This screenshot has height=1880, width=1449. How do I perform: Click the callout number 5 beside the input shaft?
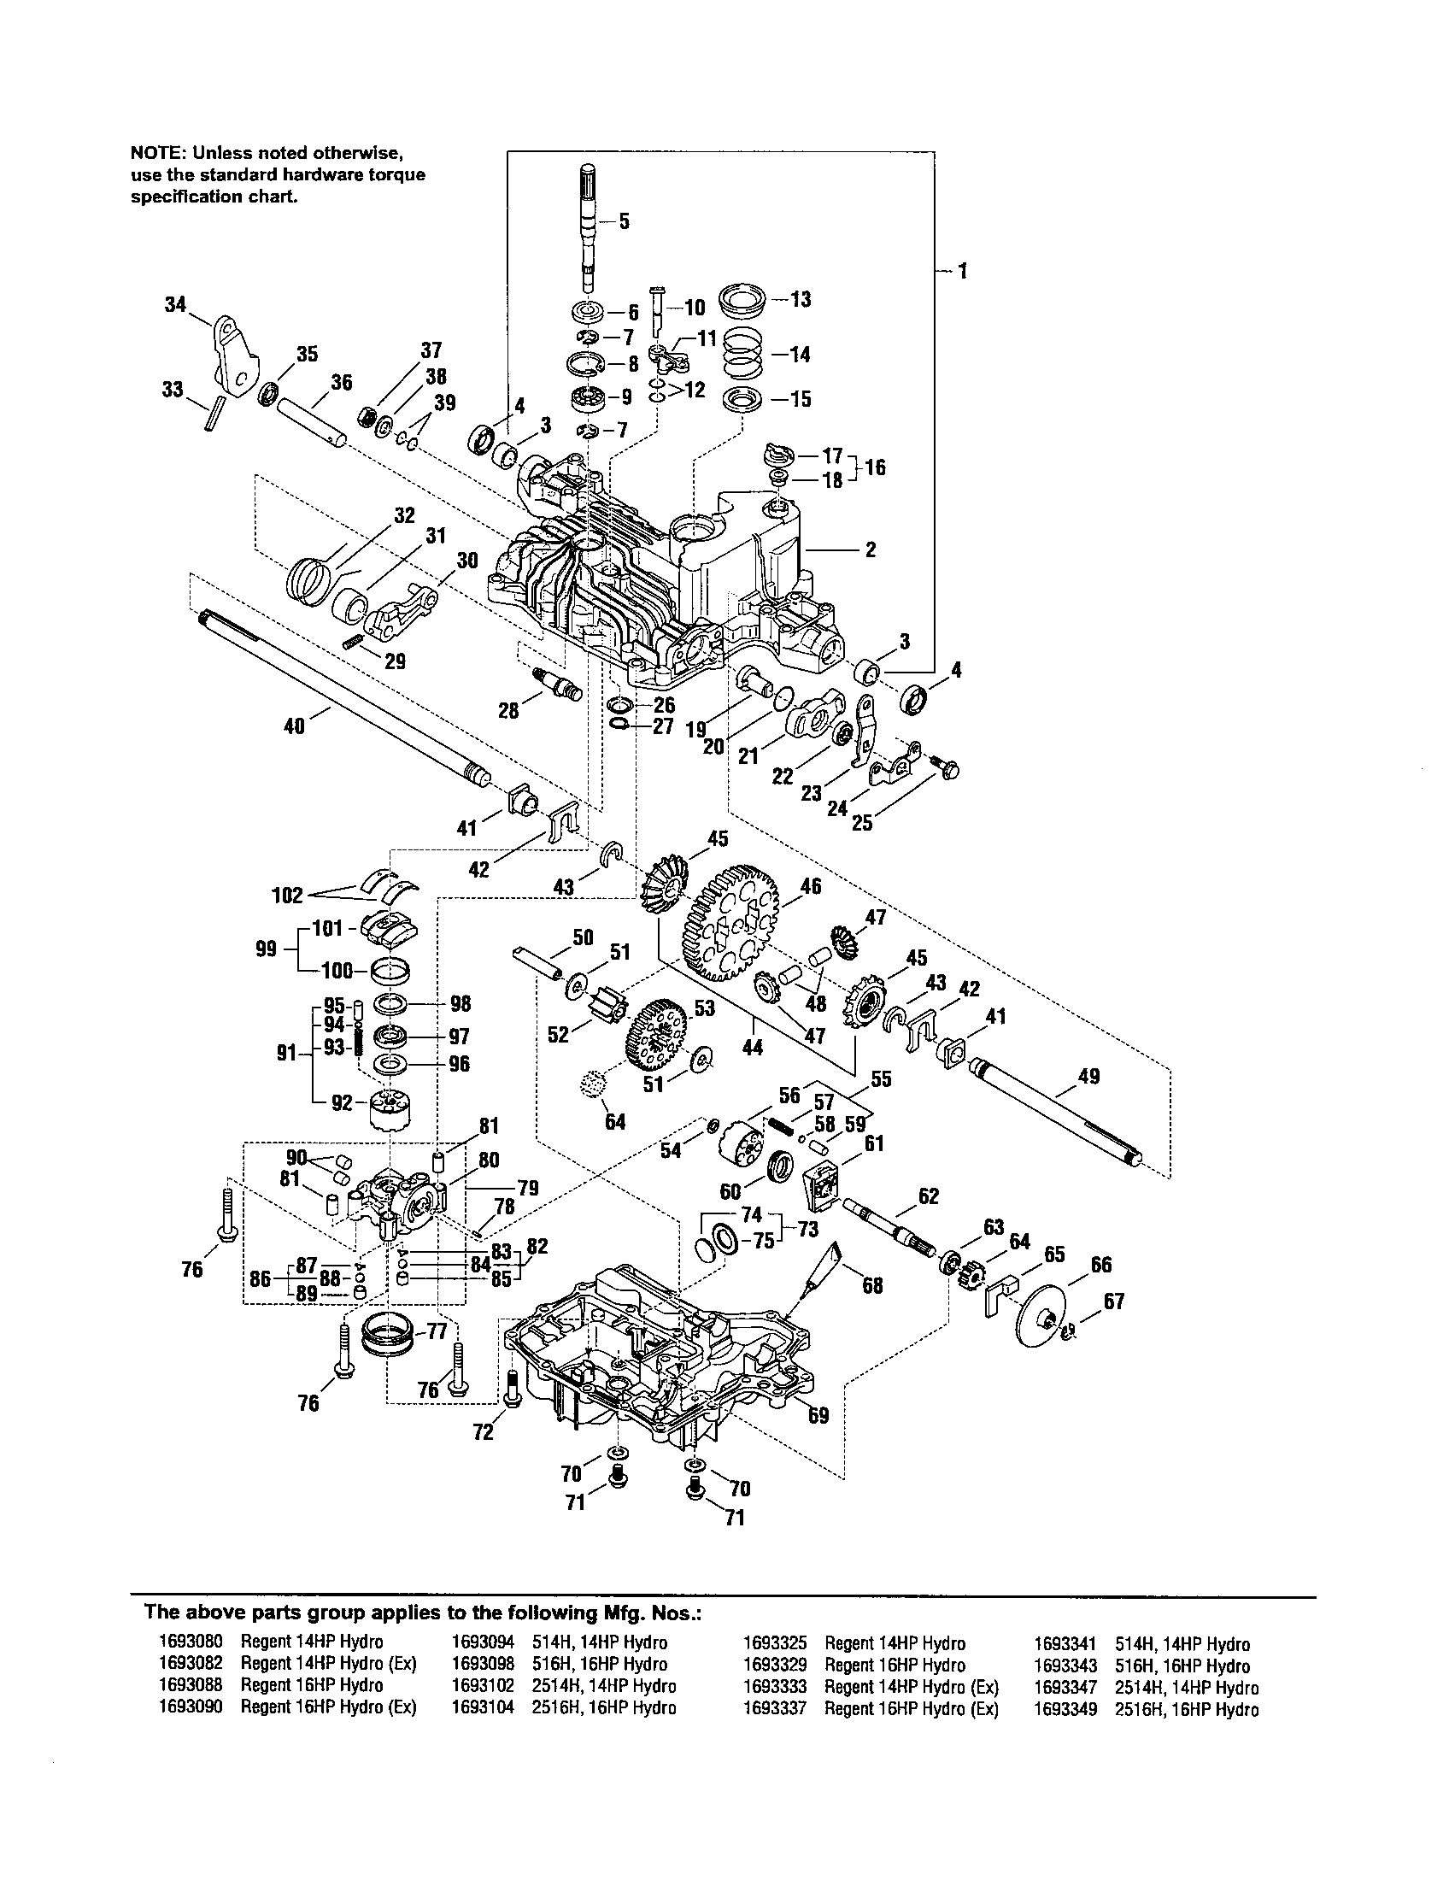(624, 221)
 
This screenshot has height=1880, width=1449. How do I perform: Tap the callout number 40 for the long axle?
(293, 726)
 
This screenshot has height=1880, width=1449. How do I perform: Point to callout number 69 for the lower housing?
(818, 1415)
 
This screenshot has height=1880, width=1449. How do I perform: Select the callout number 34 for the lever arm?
(175, 304)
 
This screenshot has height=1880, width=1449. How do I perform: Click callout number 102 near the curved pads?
(286, 896)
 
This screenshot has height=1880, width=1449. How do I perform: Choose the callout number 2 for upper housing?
(871, 549)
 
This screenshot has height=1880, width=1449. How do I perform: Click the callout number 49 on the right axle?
(1088, 1076)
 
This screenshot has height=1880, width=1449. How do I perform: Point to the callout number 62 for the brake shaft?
(929, 1196)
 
